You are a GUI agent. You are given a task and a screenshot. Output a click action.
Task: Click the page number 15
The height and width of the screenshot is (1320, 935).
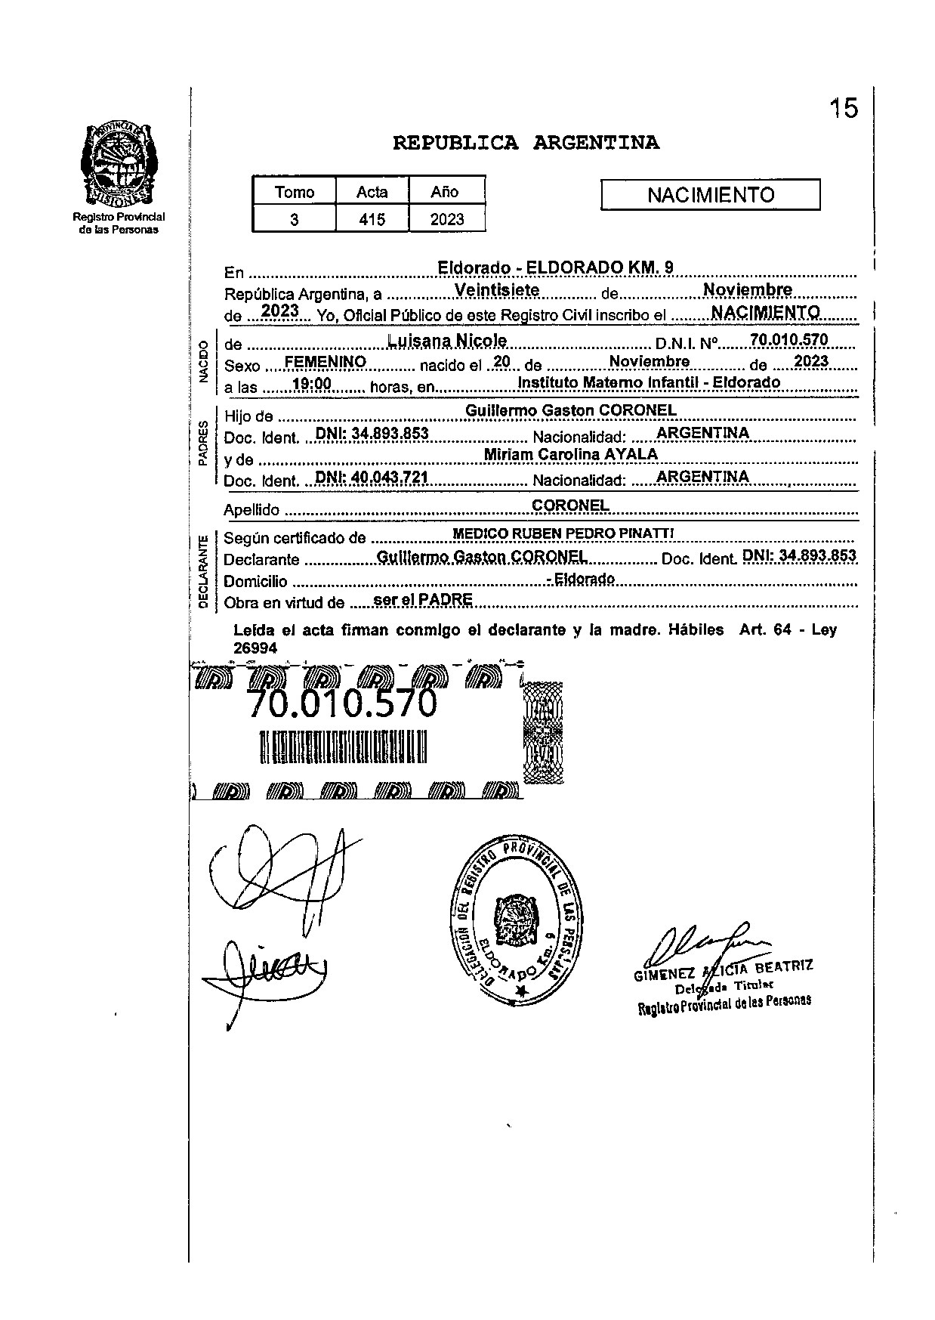[844, 109]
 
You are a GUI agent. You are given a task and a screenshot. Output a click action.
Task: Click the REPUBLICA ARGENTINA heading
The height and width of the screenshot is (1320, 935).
[526, 143]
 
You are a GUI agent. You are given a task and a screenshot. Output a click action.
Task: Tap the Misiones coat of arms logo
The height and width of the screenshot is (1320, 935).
[119, 165]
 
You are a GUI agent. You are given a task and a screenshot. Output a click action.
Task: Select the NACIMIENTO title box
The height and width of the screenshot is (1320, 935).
[710, 195]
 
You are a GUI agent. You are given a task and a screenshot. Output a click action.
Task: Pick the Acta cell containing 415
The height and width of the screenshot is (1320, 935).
[372, 220]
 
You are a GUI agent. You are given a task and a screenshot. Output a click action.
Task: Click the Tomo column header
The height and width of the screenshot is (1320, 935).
[295, 192]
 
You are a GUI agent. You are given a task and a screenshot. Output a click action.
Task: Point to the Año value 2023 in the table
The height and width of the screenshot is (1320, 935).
[446, 220]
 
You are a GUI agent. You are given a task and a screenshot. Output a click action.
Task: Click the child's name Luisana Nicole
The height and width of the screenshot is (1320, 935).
[446, 341]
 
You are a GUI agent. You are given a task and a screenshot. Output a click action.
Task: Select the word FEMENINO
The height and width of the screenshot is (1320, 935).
[326, 363]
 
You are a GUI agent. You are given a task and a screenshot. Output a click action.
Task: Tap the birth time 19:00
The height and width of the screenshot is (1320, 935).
[312, 385]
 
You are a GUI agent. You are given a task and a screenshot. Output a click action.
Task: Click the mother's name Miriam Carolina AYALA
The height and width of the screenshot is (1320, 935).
[570, 454]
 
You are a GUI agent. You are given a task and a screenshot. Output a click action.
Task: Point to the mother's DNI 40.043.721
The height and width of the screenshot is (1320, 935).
[372, 478]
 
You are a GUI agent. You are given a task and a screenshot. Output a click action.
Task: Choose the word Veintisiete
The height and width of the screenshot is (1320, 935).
[497, 290]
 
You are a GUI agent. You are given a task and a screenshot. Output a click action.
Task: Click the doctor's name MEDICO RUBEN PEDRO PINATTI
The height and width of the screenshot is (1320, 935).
[563, 533]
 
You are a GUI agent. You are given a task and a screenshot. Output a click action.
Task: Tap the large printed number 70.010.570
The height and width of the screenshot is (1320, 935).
[342, 704]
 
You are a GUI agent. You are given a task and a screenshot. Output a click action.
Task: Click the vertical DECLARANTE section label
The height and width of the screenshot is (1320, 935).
[202, 571]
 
